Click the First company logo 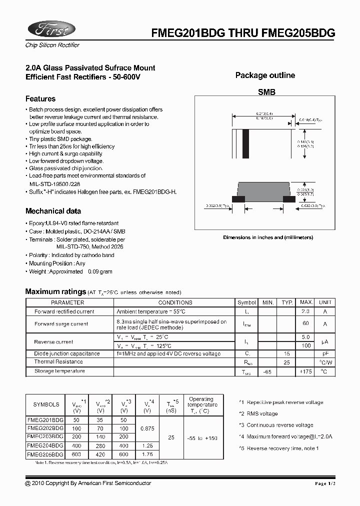[x=50, y=29]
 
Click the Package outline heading [x=265, y=75]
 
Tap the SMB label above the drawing [x=266, y=92]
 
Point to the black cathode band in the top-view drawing [x=245, y=143]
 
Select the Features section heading [x=40, y=99]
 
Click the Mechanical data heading [x=53, y=211]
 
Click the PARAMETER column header [x=68, y=302]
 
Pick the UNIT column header [x=325, y=302]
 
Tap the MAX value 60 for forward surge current [x=306, y=324]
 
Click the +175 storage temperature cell [x=306, y=371]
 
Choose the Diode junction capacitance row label [x=67, y=353]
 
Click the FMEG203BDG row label [x=45, y=436]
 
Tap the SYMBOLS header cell [x=46, y=404]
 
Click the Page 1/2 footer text [x=328, y=483]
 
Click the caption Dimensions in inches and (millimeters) [x=268, y=237]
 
